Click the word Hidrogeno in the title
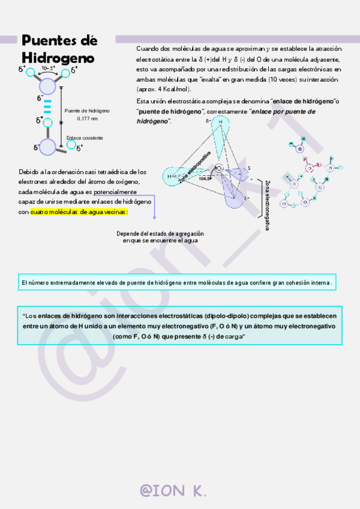click(x=58, y=58)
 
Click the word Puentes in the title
click(x=59, y=40)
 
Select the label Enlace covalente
click(x=85, y=138)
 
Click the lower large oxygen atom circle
click(x=47, y=147)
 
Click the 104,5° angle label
click(x=205, y=178)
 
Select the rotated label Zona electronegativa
click(x=267, y=204)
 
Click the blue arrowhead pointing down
click(x=154, y=217)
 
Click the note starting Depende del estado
click(x=160, y=236)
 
